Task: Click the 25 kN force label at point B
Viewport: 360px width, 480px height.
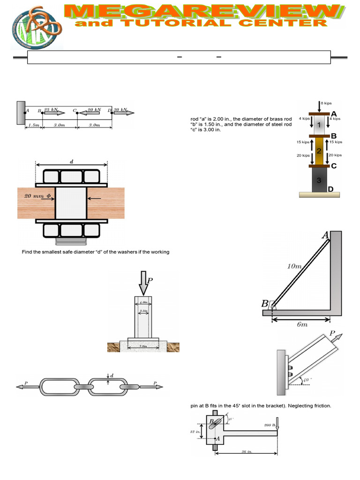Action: coord(51,110)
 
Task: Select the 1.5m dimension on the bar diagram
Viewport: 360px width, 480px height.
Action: coord(33,125)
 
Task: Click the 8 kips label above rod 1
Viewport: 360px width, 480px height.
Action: coord(326,103)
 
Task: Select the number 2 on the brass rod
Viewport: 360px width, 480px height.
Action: coord(319,151)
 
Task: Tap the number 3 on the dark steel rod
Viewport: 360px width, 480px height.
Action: coord(319,180)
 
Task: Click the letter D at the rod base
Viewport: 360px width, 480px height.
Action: coord(330,189)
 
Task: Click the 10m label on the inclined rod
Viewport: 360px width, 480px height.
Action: coord(294,267)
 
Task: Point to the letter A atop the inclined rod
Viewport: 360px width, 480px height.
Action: coord(325,236)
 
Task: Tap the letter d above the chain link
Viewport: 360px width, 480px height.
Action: coord(112,375)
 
